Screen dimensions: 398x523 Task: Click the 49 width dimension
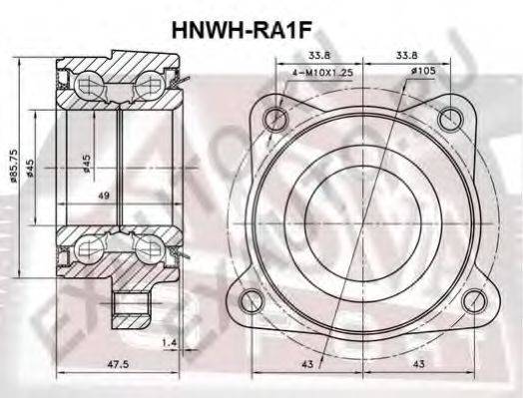[x=103, y=197]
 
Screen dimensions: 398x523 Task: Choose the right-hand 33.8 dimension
[x=407, y=57]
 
